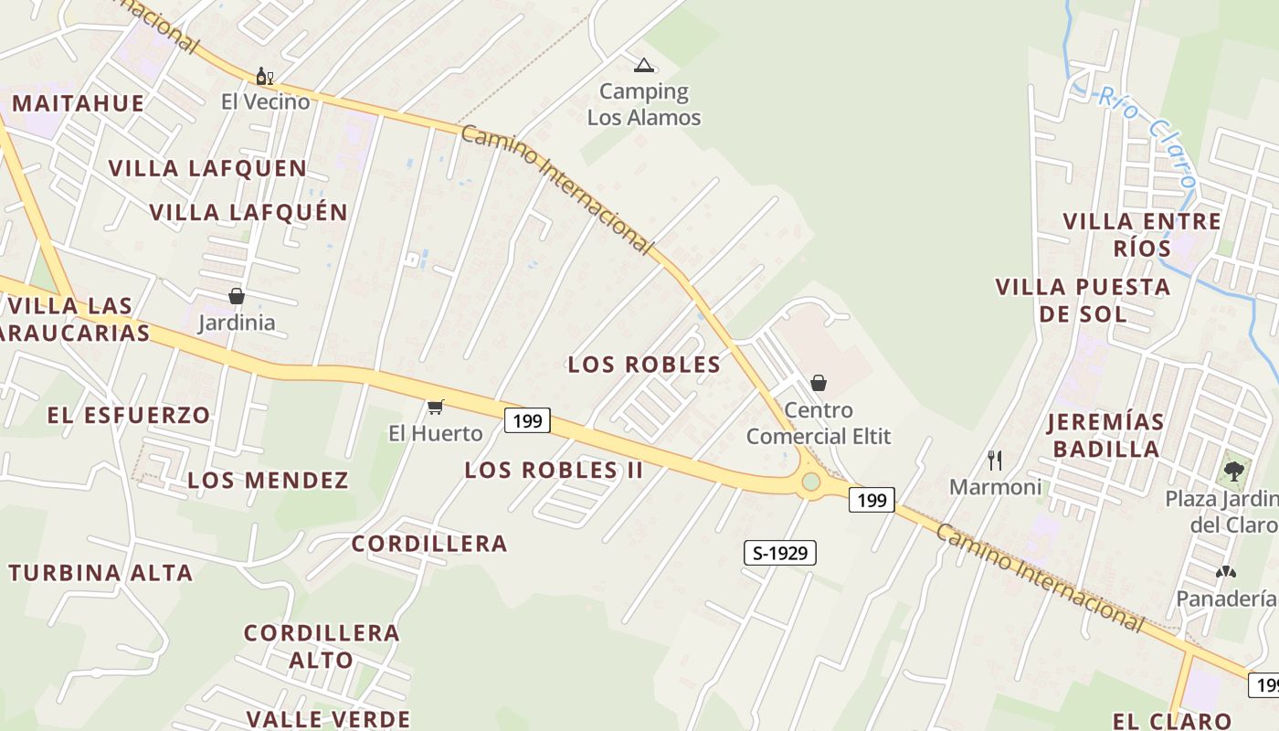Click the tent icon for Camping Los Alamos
[644, 65]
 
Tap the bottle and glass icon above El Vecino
[264, 76]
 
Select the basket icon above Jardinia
[236, 296]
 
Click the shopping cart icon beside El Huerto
[436, 407]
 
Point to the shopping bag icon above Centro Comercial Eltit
[819, 383]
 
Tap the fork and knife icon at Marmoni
[995, 460]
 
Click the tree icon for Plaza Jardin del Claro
[1234, 471]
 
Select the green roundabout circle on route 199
[810, 482]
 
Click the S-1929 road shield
[779, 553]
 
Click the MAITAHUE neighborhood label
[79, 103]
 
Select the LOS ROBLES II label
[554, 471]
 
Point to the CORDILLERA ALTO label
[322, 646]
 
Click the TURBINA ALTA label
[100, 574]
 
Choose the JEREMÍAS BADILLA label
[1105, 435]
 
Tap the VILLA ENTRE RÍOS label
[1142, 234]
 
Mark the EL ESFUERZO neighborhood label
[129, 415]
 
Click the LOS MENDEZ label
[268, 481]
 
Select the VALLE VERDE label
[328, 719]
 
